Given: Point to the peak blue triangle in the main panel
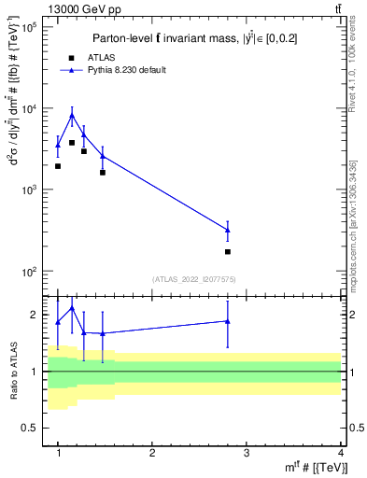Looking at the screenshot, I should (x=72, y=116).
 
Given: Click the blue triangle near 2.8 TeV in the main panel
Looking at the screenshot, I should (x=228, y=230).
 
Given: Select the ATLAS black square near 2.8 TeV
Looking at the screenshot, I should (x=228, y=252).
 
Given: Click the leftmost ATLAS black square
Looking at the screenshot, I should (x=58, y=166).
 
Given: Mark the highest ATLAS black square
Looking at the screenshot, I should (x=72, y=143).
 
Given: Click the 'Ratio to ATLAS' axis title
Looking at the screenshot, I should (x=12, y=372).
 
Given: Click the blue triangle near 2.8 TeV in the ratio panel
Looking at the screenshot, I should (x=228, y=321).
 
